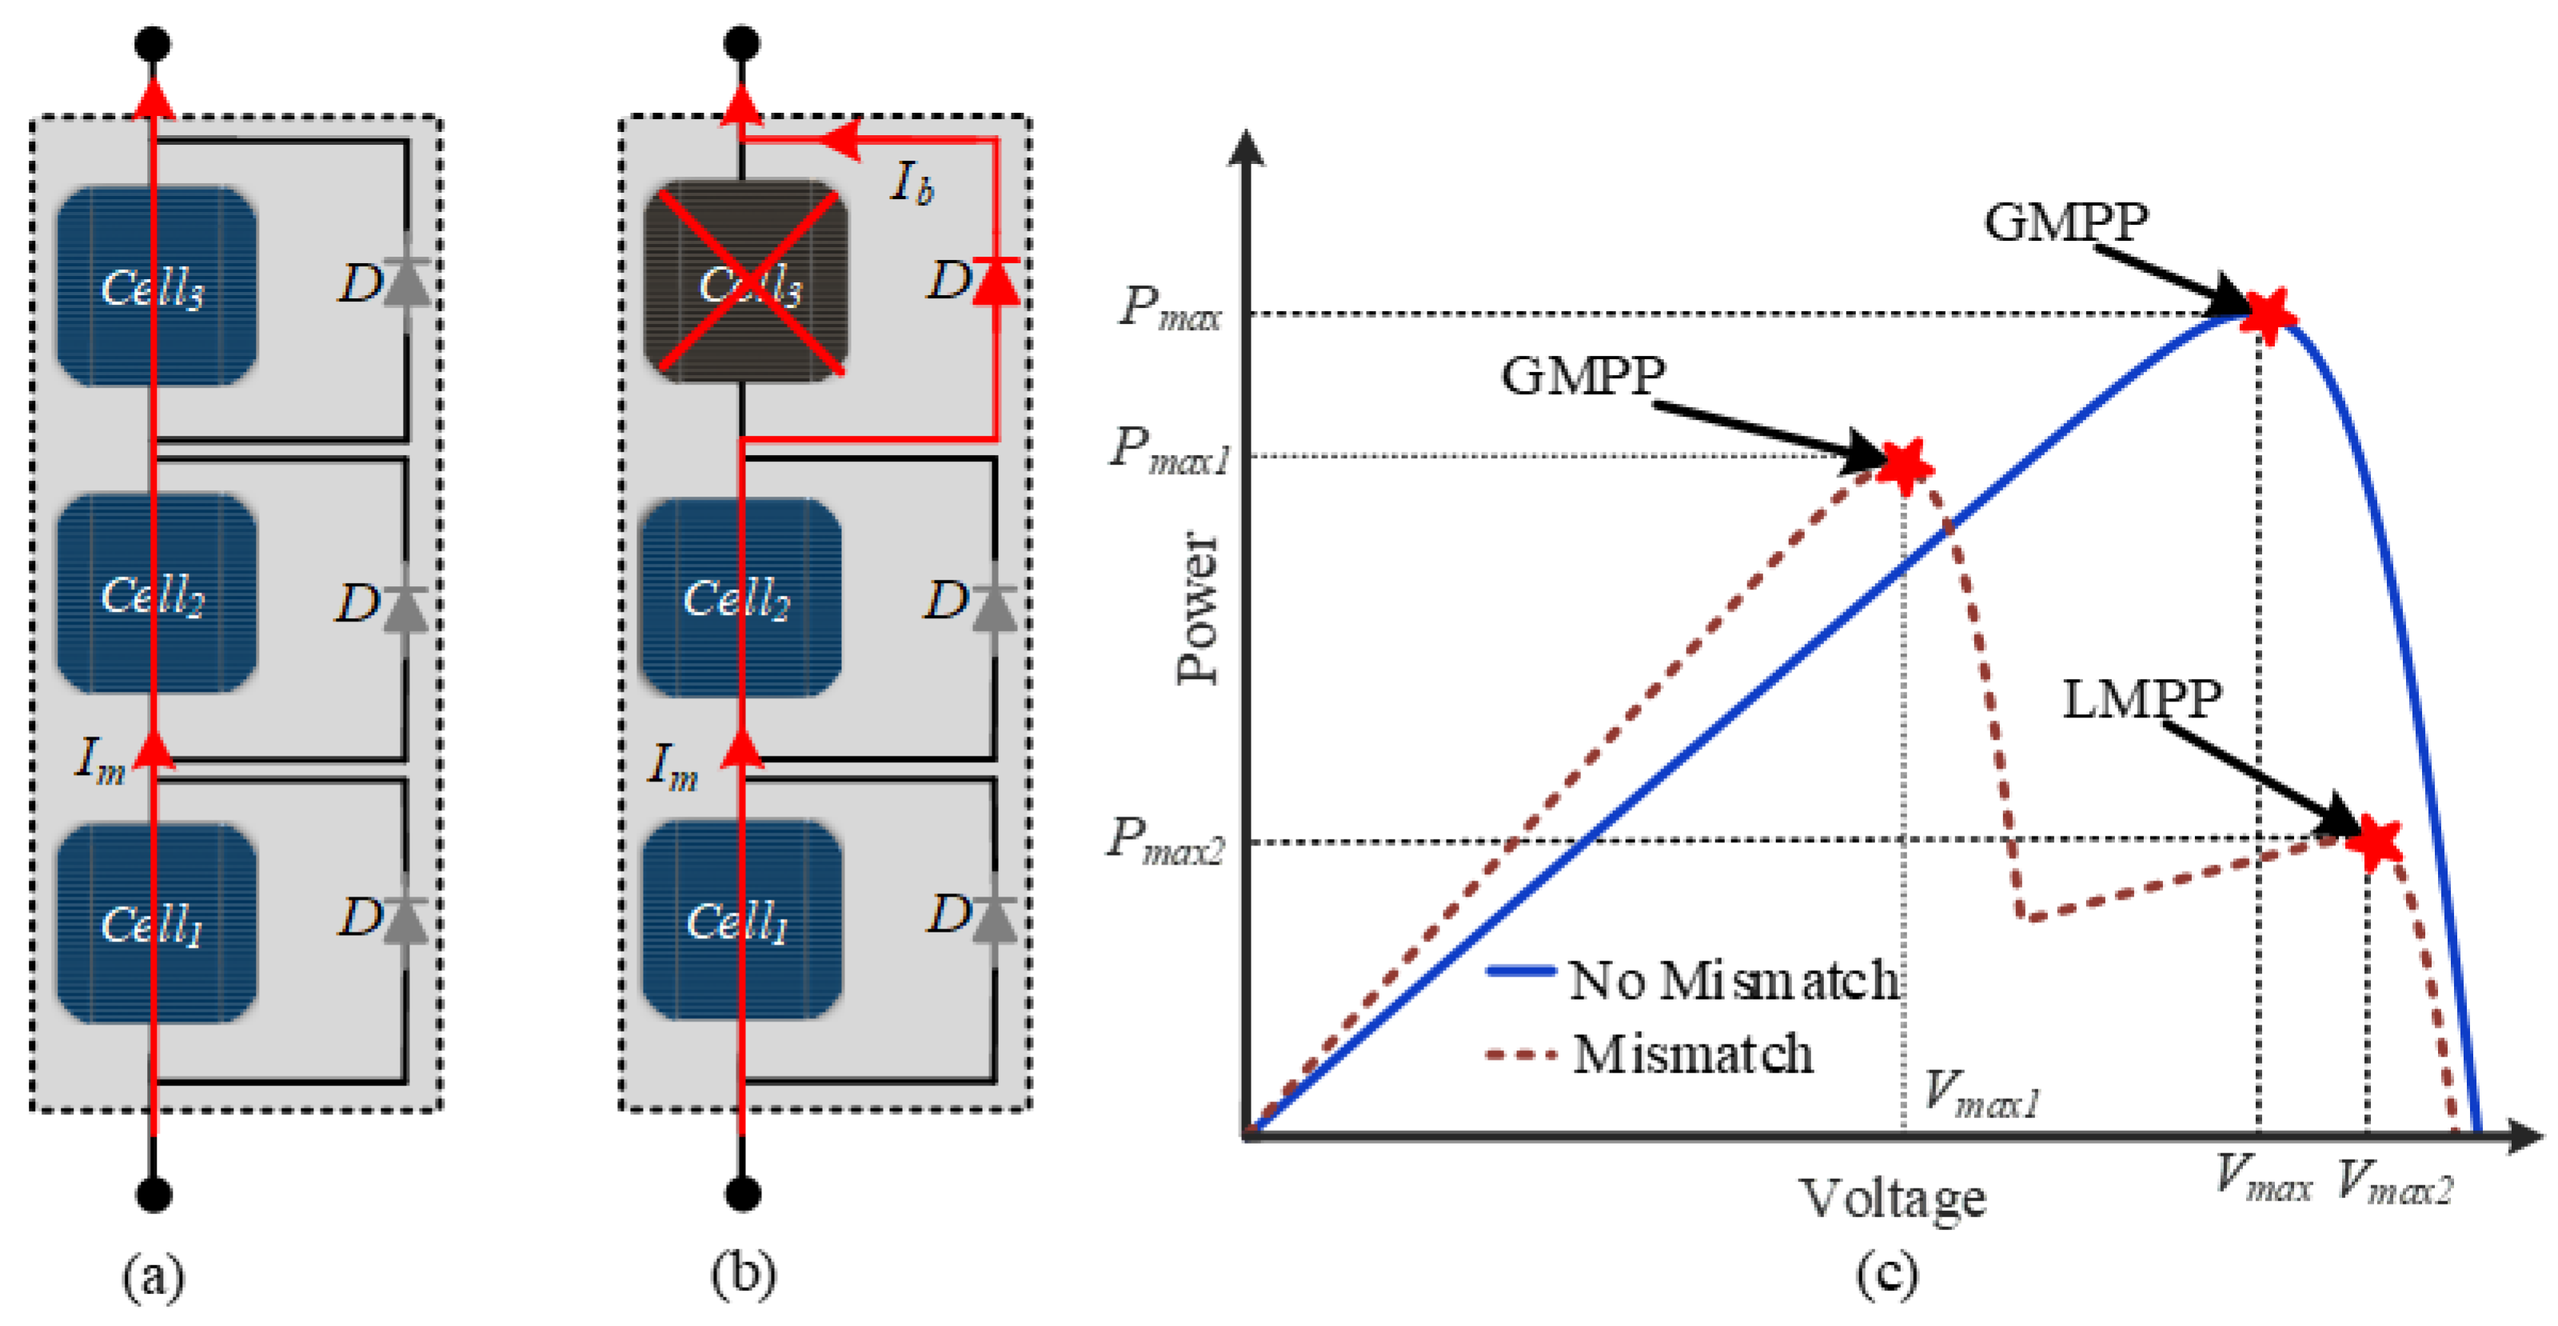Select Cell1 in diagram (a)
point(156,923)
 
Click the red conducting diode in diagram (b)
point(996,282)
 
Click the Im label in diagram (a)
point(100,762)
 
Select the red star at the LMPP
point(2374,841)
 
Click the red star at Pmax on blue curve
point(2267,314)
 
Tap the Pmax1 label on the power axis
point(1170,451)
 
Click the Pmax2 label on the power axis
point(1166,841)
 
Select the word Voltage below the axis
point(1893,1199)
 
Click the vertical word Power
point(1196,608)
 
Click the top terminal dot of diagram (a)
point(153,44)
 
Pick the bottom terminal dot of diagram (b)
point(743,1193)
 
